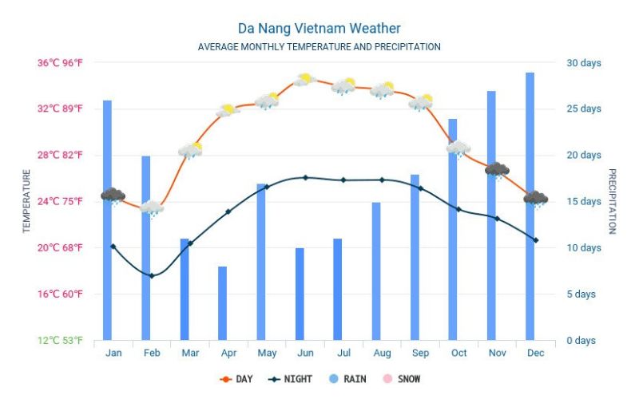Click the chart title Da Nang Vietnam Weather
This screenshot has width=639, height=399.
[x=319, y=29]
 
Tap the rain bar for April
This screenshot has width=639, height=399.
[x=222, y=303]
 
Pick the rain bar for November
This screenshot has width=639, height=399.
[x=491, y=215]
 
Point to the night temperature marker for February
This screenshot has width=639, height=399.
[x=152, y=275]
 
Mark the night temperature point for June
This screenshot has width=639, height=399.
[x=305, y=177]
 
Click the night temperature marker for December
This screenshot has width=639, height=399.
[x=535, y=239]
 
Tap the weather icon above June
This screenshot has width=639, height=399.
[x=304, y=80]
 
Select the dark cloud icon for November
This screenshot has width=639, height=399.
[x=497, y=170]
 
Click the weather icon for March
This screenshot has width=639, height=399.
[x=190, y=150]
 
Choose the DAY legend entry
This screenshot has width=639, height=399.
[x=236, y=379]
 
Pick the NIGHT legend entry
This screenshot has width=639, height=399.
[x=290, y=379]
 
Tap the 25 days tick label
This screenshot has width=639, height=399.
[x=584, y=109]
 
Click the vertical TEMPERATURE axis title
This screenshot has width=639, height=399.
[x=26, y=201]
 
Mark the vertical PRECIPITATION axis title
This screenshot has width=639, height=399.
[x=613, y=201]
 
